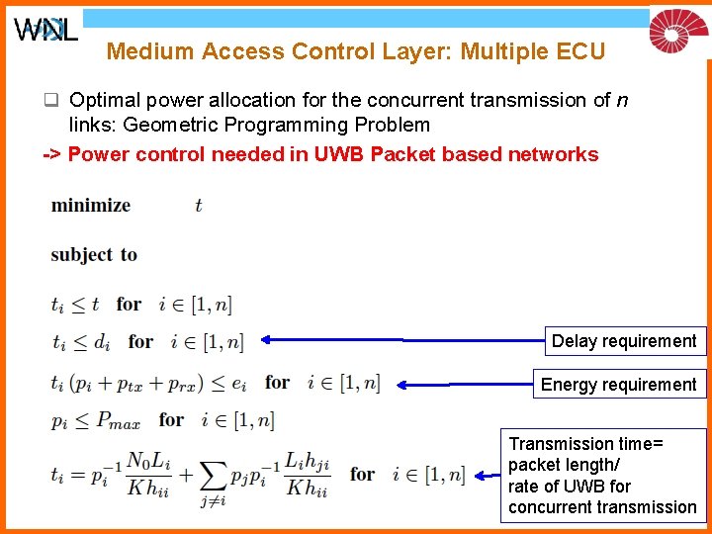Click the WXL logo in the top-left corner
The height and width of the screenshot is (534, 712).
point(45,30)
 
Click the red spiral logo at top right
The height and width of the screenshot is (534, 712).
point(678,30)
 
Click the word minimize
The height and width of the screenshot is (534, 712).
point(91,206)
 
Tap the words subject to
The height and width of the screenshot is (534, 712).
point(94,255)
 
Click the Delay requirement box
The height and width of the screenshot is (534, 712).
point(624,341)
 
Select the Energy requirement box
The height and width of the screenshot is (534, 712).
point(619,385)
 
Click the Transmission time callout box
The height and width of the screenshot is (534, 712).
point(602,475)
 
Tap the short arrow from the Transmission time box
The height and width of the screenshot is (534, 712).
point(488,476)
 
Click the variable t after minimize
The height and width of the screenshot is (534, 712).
point(198,206)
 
